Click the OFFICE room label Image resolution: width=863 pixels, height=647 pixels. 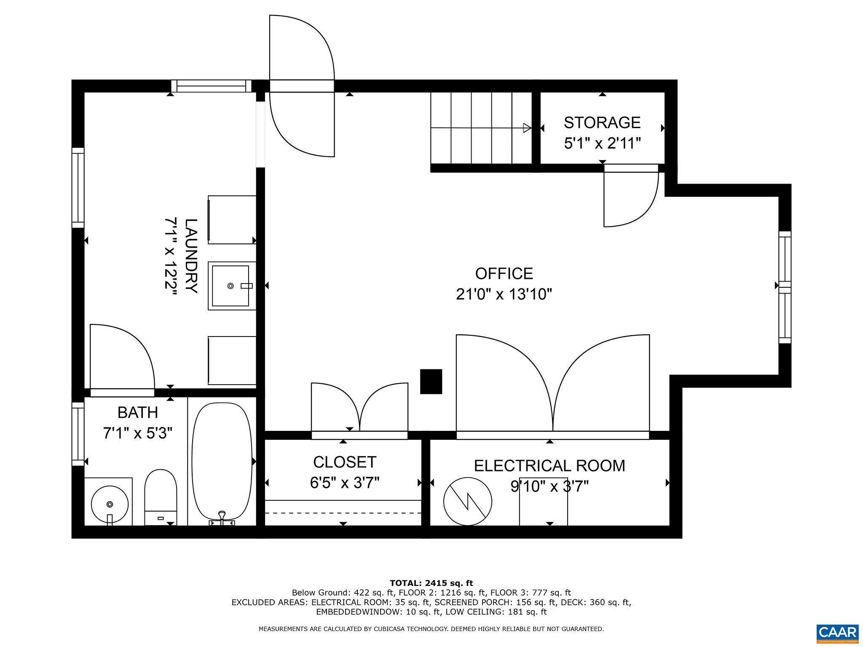click(x=504, y=274)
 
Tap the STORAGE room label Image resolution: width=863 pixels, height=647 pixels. click(x=602, y=123)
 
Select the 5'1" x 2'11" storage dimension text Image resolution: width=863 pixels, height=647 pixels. click(x=602, y=144)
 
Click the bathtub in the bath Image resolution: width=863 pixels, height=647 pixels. click(x=222, y=461)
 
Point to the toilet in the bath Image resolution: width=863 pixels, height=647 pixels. click(x=160, y=497)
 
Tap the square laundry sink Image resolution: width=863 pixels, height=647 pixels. click(x=230, y=286)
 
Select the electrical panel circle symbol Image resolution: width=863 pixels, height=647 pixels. click(x=468, y=501)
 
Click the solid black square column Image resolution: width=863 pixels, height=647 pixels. click(x=431, y=381)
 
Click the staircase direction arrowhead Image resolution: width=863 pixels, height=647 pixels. click(x=527, y=128)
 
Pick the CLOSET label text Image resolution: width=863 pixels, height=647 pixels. click(x=344, y=462)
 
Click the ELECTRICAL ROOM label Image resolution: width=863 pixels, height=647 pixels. click(x=549, y=466)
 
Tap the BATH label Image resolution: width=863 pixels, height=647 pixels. click(x=138, y=412)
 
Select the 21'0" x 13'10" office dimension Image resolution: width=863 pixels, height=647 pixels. click(x=504, y=294)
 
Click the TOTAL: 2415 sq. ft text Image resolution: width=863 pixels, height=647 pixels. click(x=431, y=583)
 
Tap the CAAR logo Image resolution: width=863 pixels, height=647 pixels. click(x=837, y=633)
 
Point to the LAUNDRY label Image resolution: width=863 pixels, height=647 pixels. click(x=191, y=256)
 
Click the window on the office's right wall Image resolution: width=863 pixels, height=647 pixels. click(x=785, y=287)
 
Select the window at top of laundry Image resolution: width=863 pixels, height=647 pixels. click(x=211, y=86)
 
